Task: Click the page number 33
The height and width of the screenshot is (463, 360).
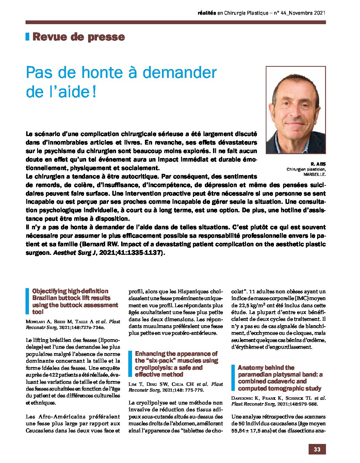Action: pyautogui.click(x=317, y=449)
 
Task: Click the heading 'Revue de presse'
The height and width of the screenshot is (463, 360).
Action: pyautogui.click(x=79, y=37)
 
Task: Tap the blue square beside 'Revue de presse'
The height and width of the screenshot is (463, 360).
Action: pyautogui.click(x=28, y=37)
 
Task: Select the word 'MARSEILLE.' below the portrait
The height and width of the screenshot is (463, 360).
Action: pyautogui.click(x=315, y=174)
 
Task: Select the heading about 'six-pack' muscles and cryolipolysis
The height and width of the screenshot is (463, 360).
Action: pyautogui.click(x=176, y=364)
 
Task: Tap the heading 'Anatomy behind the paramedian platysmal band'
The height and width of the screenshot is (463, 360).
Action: pyautogui.click(x=280, y=378)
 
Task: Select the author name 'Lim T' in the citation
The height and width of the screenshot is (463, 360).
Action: pyautogui.click(x=135, y=384)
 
